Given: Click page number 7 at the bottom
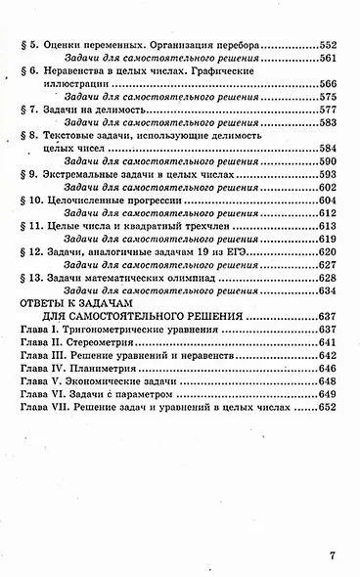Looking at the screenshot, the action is point(332,558).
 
